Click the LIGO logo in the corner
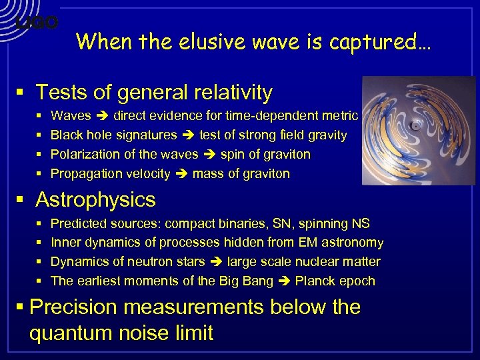tap(37, 24)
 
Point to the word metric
tap(340, 116)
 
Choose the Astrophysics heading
tap(95, 199)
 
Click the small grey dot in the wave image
tap(415, 125)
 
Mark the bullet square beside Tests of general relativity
tap(21, 93)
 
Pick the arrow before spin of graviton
tap(208, 155)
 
